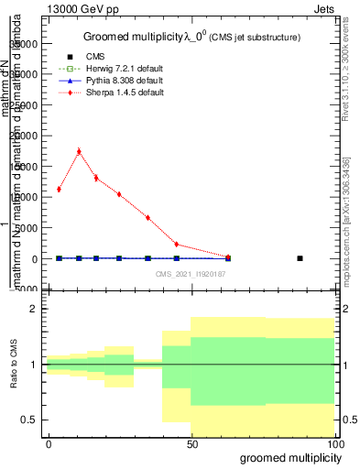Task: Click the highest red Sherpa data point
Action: [79, 151]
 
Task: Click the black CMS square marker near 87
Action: [300, 258]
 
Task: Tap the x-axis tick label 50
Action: [191, 443]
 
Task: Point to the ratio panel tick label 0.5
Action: [31, 420]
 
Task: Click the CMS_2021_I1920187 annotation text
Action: [191, 273]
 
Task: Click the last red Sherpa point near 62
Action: [228, 257]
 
